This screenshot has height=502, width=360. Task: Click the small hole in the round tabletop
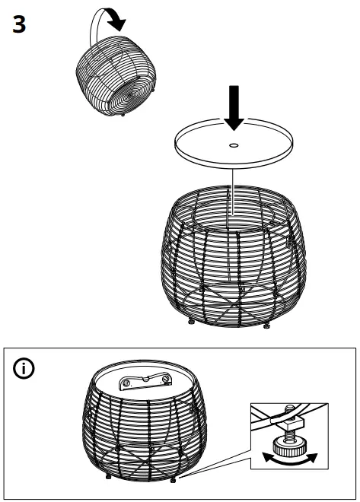click(233, 144)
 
